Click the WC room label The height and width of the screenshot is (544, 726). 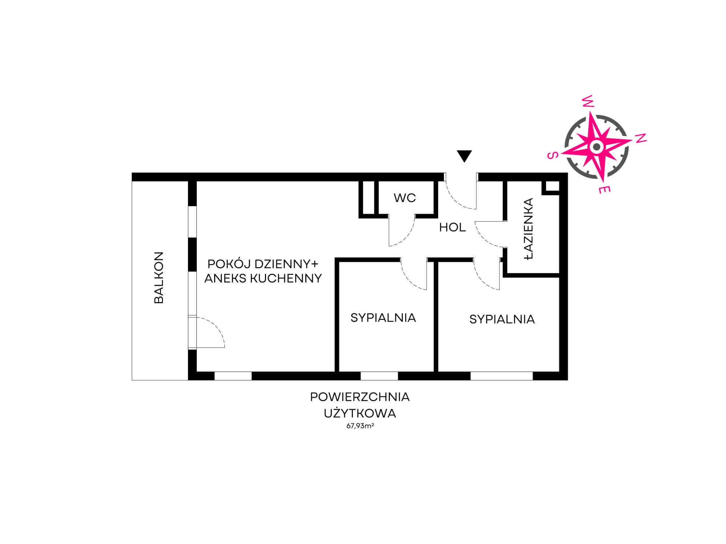[x=405, y=198]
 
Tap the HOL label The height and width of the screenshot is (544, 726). [x=452, y=228]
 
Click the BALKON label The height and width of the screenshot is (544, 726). [x=159, y=277]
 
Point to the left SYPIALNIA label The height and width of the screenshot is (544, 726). [x=383, y=318]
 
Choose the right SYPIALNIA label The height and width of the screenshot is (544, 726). [x=502, y=319]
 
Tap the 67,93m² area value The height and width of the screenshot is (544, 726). [x=360, y=426]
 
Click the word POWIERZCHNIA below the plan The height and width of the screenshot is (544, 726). [x=360, y=397]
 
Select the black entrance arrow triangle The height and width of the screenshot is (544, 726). [x=464, y=156]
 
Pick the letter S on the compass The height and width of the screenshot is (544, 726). [x=552, y=155]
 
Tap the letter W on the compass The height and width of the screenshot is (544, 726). [x=588, y=101]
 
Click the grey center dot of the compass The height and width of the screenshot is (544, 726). [x=596, y=147]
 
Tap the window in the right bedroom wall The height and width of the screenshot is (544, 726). [x=502, y=376]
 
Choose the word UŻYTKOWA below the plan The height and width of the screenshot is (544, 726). [x=360, y=413]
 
